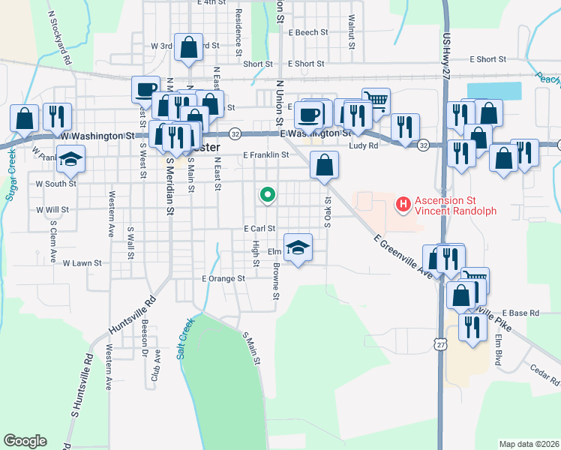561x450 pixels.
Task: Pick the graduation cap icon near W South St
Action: pos(72,159)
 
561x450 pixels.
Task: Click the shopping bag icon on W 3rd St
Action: pos(189,47)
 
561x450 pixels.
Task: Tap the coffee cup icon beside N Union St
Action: pos(308,115)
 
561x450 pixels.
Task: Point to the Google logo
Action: pos(25,441)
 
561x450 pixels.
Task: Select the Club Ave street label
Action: pos(156,364)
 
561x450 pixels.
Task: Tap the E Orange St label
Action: pos(223,278)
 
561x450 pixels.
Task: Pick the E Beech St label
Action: pos(307,32)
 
